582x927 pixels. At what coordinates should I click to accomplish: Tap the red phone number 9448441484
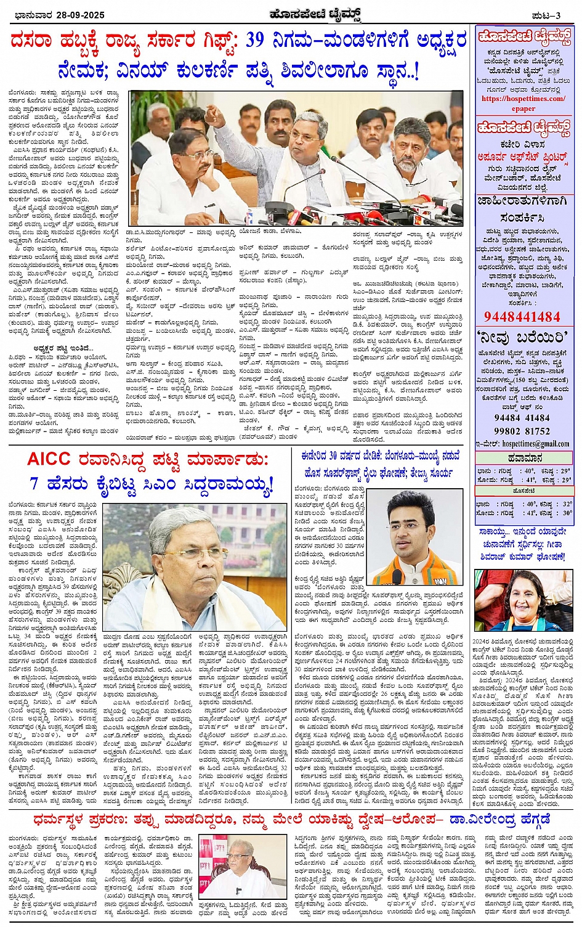point(522,317)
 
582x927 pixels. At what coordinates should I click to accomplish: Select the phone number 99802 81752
point(522,431)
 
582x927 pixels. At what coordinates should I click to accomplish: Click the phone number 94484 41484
point(522,418)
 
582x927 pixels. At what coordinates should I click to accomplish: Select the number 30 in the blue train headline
point(331,456)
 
